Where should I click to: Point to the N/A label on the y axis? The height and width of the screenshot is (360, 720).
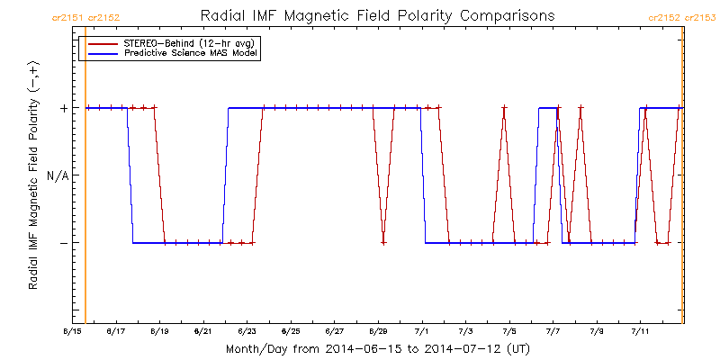pos(57,175)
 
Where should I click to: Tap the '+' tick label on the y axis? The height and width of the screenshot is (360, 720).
pos(63,108)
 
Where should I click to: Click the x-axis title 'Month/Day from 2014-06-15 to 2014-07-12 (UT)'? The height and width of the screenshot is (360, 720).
pos(377,348)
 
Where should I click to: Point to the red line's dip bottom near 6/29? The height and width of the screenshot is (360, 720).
pos(383,242)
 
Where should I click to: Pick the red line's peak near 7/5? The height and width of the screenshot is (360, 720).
pos(504,108)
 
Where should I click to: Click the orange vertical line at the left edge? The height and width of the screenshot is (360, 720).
pos(85,180)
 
